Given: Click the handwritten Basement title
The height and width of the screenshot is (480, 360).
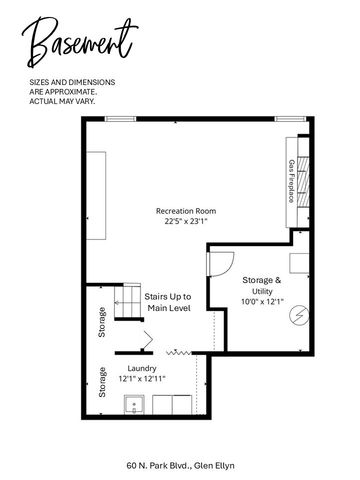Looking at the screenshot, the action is point(79,42).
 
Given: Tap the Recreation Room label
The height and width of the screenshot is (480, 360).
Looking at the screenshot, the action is point(186,211).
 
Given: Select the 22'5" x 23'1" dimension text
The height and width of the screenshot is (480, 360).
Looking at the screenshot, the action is point(186,221).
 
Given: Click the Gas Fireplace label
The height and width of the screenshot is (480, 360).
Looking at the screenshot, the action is point(292,181).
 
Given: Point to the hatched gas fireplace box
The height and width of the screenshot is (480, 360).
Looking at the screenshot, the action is point(303,181).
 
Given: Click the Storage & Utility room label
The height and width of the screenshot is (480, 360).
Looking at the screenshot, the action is point(262,285).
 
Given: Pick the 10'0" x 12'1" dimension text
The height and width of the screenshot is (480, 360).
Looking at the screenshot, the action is point(262,302).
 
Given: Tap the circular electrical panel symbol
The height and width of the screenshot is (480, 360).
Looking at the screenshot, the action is point(299,315).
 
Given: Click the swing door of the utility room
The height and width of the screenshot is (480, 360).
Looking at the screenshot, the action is point(220,264).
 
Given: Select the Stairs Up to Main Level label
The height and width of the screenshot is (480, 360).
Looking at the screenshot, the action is point(169,302).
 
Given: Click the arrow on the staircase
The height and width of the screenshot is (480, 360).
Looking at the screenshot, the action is point(118,303).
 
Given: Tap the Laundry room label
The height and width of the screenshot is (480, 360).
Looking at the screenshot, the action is point(142,368).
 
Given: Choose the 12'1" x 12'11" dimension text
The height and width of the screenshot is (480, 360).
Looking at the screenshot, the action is point(142,379).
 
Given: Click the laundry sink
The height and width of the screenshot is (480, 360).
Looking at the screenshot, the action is point(134,405).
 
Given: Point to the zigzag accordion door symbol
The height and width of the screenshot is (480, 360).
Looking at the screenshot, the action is point(178,352).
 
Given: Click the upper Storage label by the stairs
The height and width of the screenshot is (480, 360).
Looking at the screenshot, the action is point(102,322).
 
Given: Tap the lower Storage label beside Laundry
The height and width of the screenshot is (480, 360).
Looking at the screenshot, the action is point(102,382).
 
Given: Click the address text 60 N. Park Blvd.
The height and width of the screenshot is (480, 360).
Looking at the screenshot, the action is point(158,465).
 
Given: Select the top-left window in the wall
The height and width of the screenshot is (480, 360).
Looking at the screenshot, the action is point(120,119).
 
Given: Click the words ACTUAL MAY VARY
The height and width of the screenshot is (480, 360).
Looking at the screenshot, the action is point(62,101).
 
